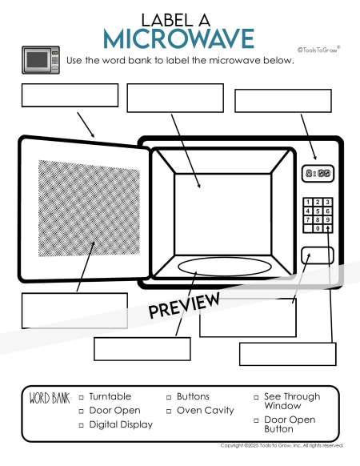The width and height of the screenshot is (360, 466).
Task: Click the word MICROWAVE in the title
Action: (179, 38)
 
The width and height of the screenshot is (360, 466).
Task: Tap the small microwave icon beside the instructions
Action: (41, 60)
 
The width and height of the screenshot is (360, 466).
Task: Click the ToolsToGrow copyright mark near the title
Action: (318, 50)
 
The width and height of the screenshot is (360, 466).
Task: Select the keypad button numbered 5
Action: (318, 211)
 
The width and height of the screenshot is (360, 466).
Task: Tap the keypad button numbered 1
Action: (308, 203)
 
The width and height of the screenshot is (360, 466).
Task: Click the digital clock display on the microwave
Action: (318, 173)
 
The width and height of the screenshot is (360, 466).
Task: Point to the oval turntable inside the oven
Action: (225, 267)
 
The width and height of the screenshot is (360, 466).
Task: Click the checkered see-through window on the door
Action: (89, 209)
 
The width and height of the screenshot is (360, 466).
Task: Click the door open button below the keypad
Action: (318, 255)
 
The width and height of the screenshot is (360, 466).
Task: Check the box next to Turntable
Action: (81, 397)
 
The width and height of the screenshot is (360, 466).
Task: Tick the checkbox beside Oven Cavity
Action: (169, 412)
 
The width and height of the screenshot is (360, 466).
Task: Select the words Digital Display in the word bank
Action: (121, 424)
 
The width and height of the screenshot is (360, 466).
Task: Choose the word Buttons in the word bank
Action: (193, 396)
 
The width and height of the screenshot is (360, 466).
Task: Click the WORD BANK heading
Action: (50, 398)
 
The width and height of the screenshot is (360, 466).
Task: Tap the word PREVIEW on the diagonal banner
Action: (184, 305)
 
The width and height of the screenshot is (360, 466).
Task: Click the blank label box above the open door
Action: (70, 95)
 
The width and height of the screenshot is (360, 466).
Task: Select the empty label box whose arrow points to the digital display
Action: (283, 101)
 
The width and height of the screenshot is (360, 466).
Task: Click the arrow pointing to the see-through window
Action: (86, 267)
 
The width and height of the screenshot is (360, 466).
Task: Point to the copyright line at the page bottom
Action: (282, 445)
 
